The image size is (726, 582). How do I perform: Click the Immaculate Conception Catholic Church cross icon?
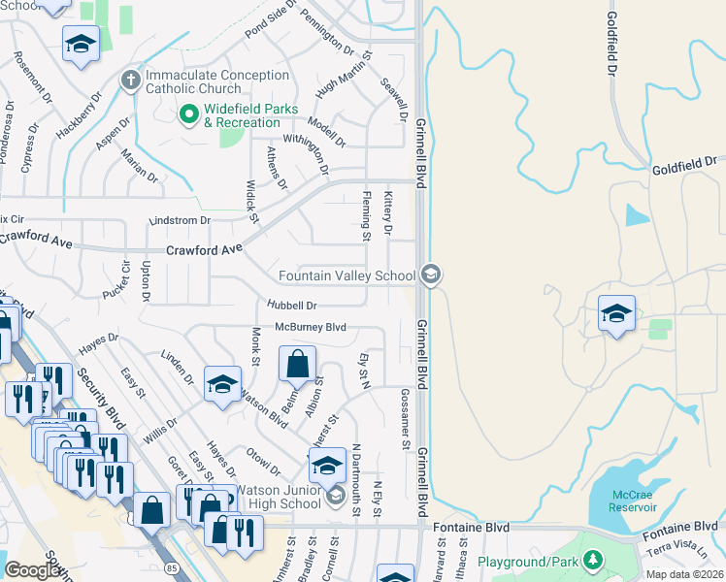coord(131,79)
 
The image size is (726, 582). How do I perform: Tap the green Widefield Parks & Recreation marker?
coord(189,114)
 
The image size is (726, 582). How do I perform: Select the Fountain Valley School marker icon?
coord(431,275)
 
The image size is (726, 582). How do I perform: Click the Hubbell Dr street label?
coord(294,306)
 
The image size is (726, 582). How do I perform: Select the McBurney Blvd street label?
coord(311,328)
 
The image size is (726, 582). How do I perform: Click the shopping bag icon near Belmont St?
coord(298,366)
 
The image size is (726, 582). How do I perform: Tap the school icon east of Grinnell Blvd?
coord(616,314)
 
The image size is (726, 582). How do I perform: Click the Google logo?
coord(33,569)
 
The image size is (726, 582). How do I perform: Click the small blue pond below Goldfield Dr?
coord(638,214)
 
